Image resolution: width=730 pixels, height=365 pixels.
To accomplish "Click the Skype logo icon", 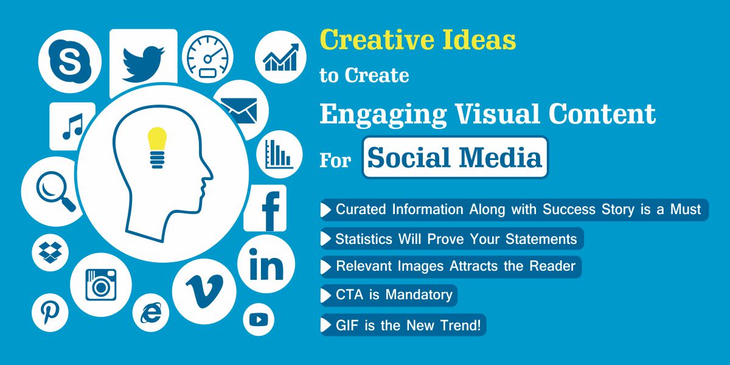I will [x=69, y=61].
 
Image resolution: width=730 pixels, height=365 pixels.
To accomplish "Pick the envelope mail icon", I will [x=239, y=110].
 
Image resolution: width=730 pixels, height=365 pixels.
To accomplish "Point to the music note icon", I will [x=72, y=126].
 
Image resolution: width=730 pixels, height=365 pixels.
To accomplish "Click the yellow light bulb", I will [x=158, y=147].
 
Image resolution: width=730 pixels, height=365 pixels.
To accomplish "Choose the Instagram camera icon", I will [x=100, y=284].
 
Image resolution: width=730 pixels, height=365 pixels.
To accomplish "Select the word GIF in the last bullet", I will [x=348, y=325].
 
